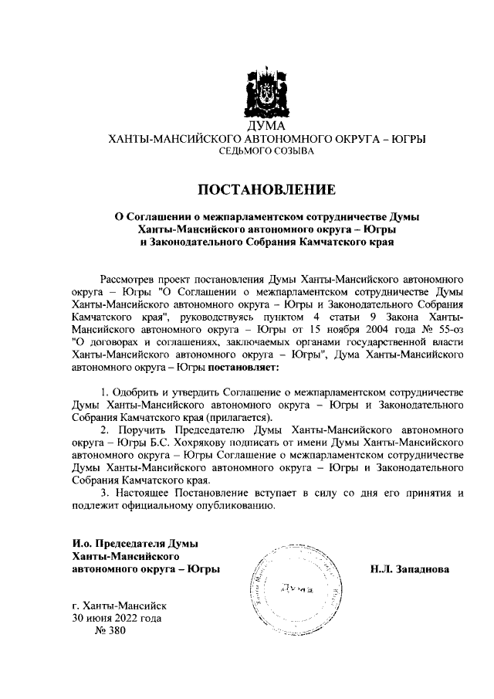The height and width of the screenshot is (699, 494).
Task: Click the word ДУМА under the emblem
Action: coord(266,126)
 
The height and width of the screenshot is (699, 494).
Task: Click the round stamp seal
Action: coord(298,587)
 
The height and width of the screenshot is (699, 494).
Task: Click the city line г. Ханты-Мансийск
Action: coord(118,606)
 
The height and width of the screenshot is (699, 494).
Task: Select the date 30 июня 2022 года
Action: coord(117,618)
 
